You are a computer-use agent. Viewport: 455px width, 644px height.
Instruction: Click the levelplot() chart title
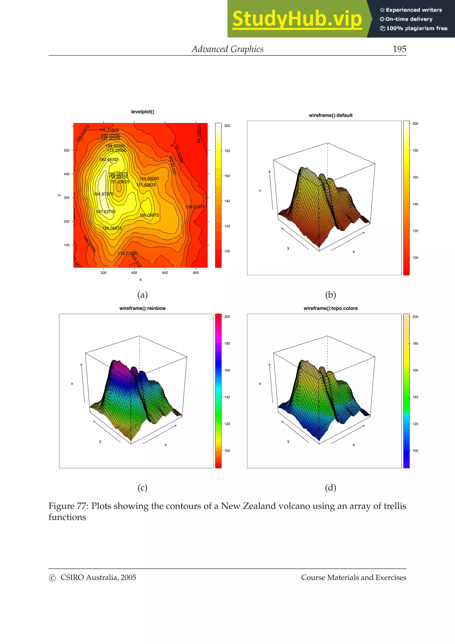coord(142,112)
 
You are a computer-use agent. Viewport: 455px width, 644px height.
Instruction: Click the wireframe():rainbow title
coord(142,308)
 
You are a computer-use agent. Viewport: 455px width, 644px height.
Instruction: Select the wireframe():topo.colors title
coord(331,308)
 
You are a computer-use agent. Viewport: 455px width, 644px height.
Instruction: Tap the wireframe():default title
coord(331,115)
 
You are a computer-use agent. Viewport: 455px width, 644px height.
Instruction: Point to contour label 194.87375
coord(104,194)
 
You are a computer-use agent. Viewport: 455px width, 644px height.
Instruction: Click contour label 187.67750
coord(106,212)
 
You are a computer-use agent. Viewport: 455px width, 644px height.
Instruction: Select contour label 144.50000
coord(149,179)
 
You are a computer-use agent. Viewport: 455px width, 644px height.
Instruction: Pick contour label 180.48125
coord(109,160)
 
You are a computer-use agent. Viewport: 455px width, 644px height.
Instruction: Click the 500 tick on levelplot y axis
coord(66,150)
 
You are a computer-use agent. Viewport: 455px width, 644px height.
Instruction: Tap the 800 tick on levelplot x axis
coord(196,273)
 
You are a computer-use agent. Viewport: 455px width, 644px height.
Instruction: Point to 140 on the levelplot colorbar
coord(227,201)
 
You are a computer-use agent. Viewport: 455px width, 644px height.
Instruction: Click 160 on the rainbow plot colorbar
coord(227,370)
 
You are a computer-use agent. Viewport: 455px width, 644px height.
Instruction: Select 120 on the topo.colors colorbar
coord(415,424)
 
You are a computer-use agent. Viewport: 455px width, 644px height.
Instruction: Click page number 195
coord(399,49)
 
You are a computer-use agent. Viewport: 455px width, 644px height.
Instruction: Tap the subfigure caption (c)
coord(142,488)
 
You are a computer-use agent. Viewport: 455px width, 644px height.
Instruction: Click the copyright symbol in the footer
coord(52,578)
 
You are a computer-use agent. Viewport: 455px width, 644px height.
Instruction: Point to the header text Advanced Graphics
coord(227,49)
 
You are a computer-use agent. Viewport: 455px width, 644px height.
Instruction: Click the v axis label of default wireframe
coord(260,191)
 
